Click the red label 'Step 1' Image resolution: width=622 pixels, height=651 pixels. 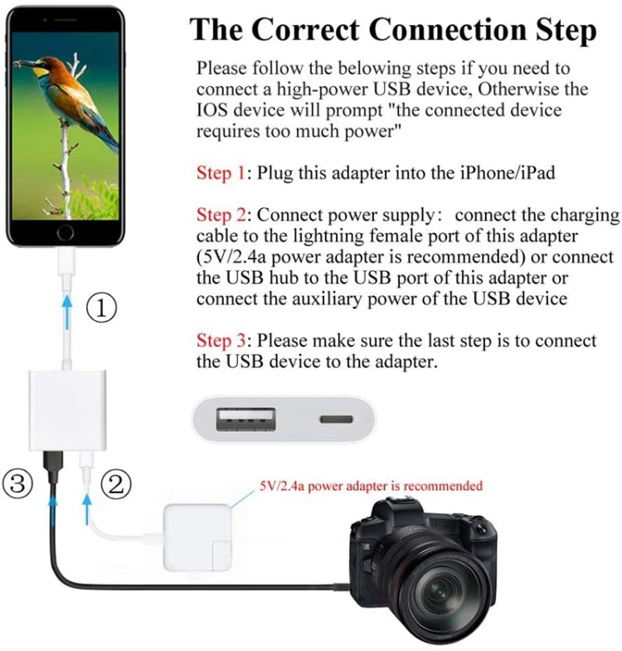[221, 173]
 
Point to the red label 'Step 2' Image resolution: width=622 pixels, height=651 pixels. [221, 216]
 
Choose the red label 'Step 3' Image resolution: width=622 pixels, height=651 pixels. [221, 341]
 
